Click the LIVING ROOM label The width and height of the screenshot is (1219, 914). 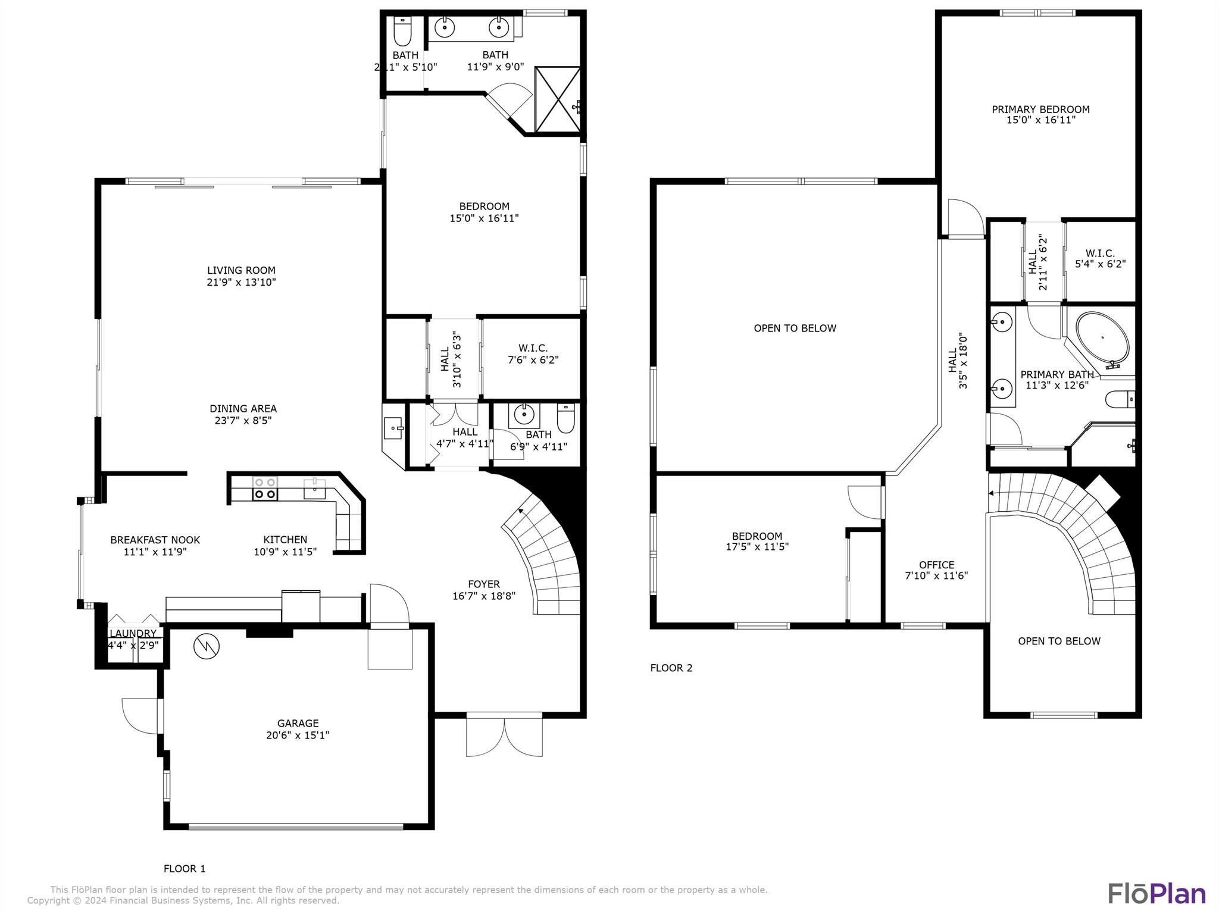pyautogui.click(x=241, y=270)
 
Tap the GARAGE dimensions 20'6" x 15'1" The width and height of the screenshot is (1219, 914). pyautogui.click(x=298, y=735)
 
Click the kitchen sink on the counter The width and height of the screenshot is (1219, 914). pyautogui.click(x=314, y=489)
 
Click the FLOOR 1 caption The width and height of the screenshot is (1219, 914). pyautogui.click(x=185, y=869)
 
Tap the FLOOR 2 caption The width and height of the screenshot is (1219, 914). pyautogui.click(x=671, y=668)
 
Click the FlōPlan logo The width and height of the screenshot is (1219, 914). pyautogui.click(x=1157, y=893)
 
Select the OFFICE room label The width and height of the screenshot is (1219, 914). pyautogui.click(x=936, y=565)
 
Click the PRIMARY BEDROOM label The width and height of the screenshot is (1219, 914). pyautogui.click(x=1040, y=109)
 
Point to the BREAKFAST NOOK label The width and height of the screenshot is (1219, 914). pyautogui.click(x=155, y=540)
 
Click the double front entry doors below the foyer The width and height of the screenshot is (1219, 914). pyautogui.click(x=504, y=736)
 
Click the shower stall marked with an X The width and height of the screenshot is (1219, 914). pyautogui.click(x=558, y=99)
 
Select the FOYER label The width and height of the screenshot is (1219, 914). pyautogui.click(x=484, y=584)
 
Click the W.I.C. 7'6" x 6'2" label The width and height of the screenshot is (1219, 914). pyautogui.click(x=533, y=353)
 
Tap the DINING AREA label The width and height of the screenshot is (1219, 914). pyautogui.click(x=243, y=408)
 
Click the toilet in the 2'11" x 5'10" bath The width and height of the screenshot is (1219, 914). pyautogui.click(x=403, y=31)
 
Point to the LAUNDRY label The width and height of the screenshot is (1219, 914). pyautogui.click(x=133, y=633)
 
